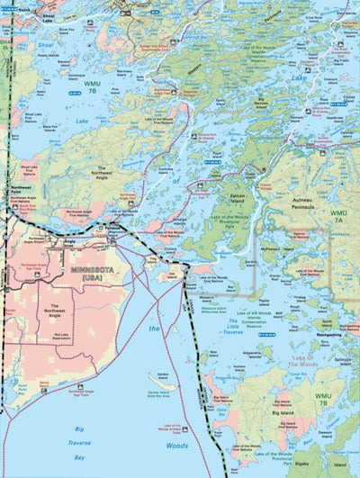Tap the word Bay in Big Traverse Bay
85,457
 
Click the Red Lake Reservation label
61,336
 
